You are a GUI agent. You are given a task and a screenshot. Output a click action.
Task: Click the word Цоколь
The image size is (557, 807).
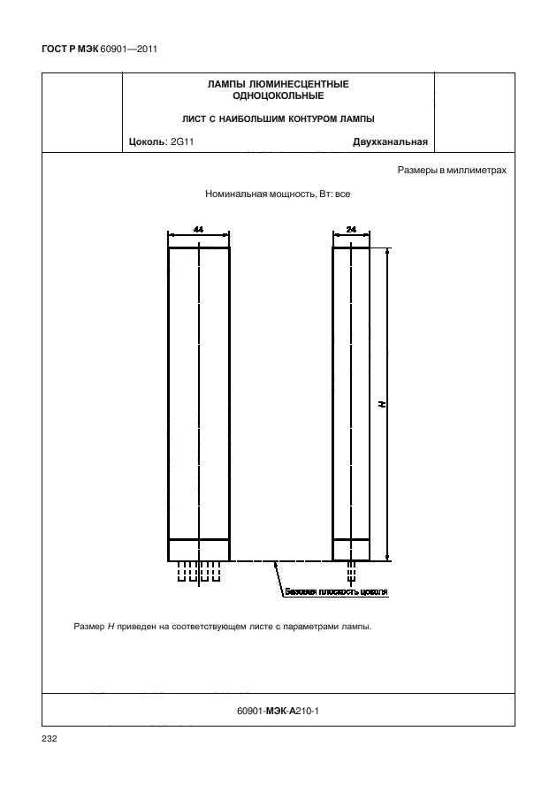click(x=146, y=141)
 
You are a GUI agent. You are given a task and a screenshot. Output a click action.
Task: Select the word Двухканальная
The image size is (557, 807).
click(x=390, y=141)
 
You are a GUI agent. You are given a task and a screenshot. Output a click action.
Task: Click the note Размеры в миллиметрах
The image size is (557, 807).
click(x=452, y=170)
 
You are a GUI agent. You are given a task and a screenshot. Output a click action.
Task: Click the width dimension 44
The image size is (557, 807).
click(x=199, y=230)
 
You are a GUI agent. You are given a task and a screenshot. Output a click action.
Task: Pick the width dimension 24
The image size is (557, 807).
click(x=351, y=230)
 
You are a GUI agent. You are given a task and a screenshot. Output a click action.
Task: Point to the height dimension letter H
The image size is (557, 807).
click(x=382, y=403)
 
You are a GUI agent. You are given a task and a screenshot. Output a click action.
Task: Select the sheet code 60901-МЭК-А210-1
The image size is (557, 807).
click(x=278, y=708)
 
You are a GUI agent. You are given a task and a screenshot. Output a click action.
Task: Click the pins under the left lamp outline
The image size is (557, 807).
click(x=198, y=572)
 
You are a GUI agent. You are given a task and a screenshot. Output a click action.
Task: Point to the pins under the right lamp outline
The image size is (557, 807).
click(x=351, y=569)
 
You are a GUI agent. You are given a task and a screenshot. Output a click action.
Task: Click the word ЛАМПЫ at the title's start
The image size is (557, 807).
click(x=223, y=84)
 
